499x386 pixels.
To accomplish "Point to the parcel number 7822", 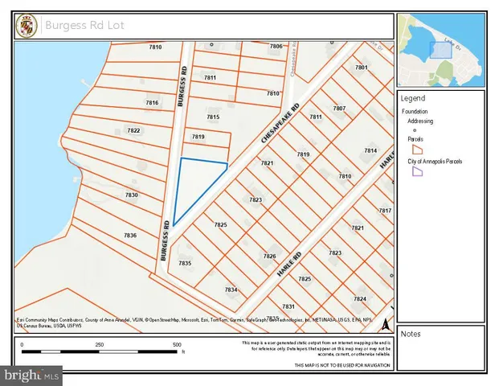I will click(133, 130).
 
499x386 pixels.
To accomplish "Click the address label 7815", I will click(213, 117).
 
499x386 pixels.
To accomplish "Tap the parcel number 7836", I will click(129, 236).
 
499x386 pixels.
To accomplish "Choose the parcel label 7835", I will click(185, 263).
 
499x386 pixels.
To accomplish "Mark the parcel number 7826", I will click(270, 256).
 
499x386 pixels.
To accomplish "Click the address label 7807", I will click(339, 108).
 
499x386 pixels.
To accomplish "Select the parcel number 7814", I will click(370, 150).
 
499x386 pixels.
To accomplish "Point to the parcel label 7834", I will click(231, 289).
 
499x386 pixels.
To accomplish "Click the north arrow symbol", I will click(385, 325).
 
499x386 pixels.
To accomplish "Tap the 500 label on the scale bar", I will click(177, 345).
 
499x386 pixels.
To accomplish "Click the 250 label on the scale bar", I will click(100, 345).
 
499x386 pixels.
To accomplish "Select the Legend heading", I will click(412, 97).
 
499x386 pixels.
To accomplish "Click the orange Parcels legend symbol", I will click(417, 150).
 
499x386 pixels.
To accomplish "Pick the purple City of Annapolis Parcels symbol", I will click(417, 172).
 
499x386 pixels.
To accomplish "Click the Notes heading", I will click(411, 334).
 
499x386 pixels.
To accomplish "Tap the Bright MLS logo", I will click(32, 375).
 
